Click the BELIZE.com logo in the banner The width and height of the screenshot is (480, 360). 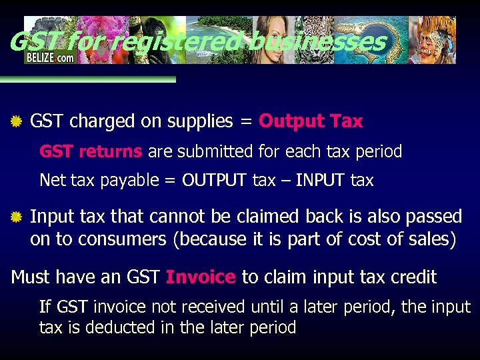point(50,57)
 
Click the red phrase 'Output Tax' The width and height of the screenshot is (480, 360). point(311,121)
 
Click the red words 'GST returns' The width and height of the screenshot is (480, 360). point(91,152)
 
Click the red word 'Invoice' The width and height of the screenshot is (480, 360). point(201,277)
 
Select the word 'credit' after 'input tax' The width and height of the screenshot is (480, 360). point(414,277)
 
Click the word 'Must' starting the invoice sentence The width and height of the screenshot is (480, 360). point(31,277)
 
